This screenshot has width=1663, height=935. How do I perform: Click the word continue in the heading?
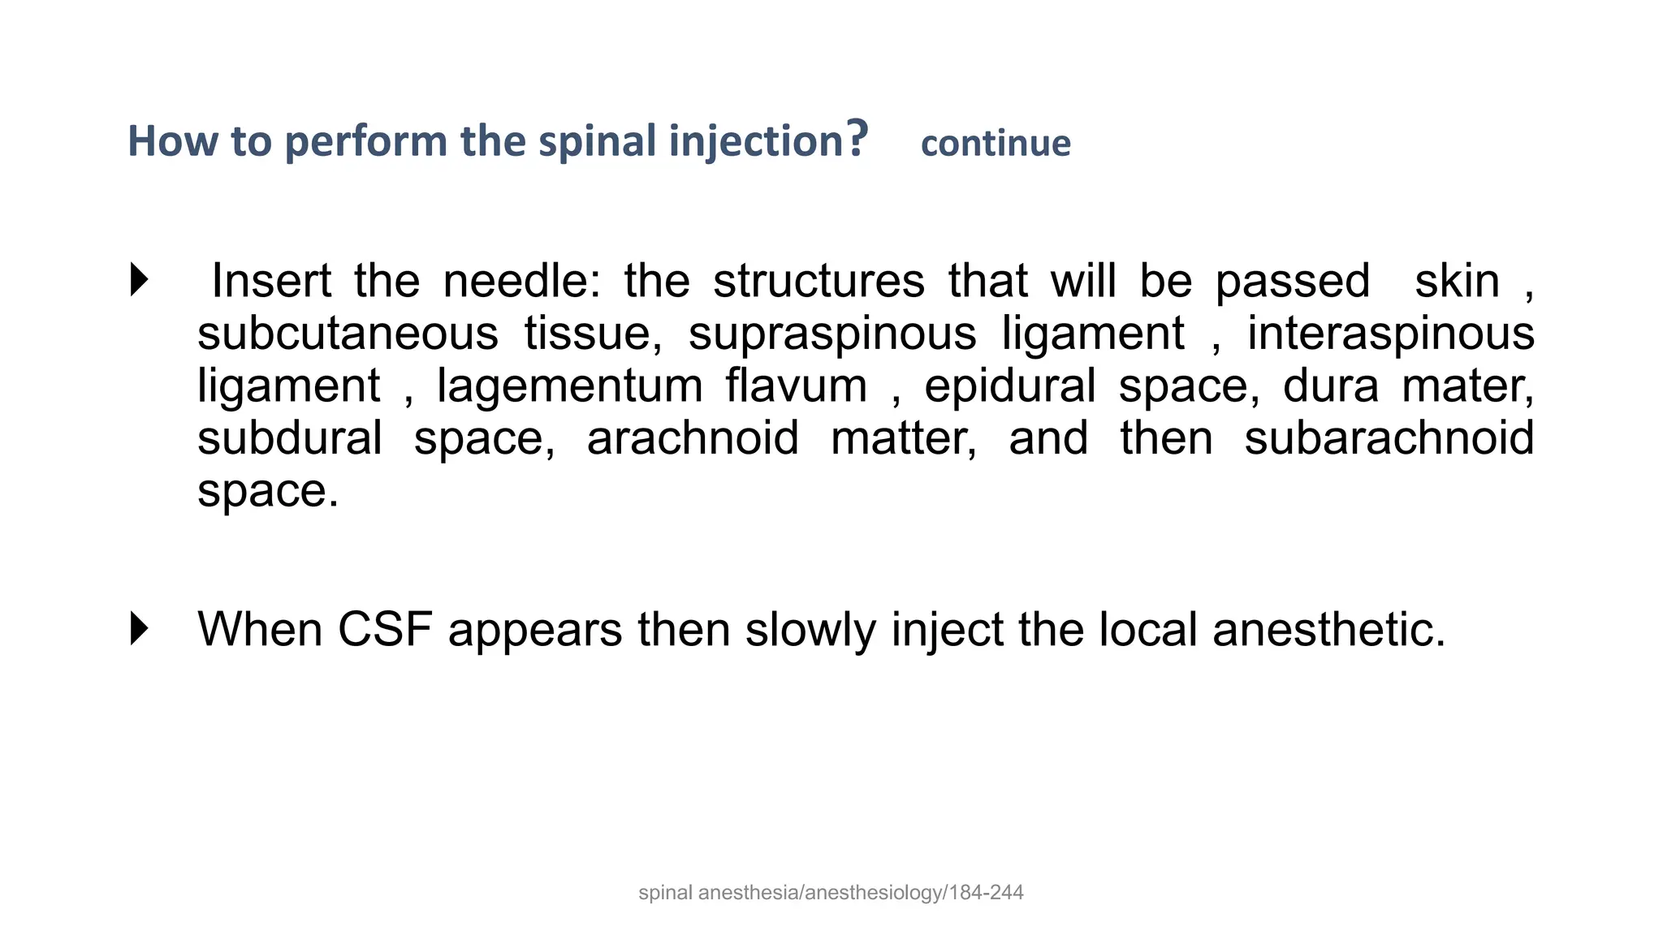click(996, 144)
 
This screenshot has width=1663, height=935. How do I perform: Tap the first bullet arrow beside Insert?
click(140, 280)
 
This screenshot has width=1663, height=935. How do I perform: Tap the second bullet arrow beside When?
click(140, 629)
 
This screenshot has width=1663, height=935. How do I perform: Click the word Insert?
click(271, 281)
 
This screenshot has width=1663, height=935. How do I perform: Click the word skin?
click(1457, 281)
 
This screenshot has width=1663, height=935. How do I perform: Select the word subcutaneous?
click(348, 334)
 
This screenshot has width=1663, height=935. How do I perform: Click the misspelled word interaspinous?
click(1390, 334)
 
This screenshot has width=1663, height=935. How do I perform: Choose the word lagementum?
click(569, 386)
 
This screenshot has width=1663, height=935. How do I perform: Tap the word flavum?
click(796, 386)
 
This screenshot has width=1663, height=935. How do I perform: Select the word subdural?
click(290, 438)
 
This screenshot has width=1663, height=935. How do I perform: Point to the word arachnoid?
click(693, 438)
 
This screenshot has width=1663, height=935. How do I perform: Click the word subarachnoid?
click(1389, 438)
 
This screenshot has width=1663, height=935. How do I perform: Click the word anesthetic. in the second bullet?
click(1328, 629)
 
